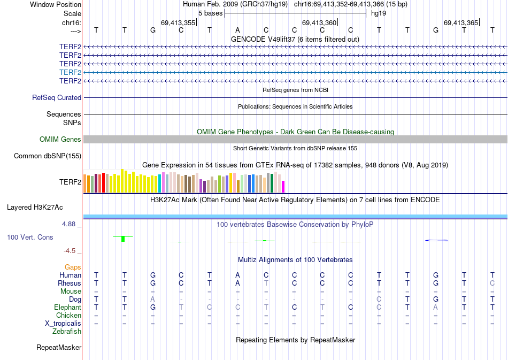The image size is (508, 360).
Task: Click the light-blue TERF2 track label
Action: pos(70,72)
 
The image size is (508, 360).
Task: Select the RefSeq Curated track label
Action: pos(57,98)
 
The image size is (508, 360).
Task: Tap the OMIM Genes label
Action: pos(60,140)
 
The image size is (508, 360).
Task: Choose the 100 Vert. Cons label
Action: pos(30,237)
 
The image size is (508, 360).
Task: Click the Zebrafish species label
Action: pos(67,332)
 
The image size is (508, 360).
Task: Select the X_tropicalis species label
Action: pos(63,324)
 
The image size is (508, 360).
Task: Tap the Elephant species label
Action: pos(67,308)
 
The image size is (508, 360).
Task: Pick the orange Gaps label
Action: pos(73,267)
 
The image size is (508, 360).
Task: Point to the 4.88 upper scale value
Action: pos(72,224)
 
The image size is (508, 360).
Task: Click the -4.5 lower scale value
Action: pos(72,250)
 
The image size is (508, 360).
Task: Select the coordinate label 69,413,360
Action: pos(319,23)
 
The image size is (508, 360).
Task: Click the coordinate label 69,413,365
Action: pos(461,23)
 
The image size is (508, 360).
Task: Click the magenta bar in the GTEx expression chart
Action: pos(283,186)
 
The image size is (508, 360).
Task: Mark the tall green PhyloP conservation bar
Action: pos(123,239)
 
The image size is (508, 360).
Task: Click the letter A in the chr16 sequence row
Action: pos(238,30)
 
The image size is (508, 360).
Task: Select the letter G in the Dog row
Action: pos(436,300)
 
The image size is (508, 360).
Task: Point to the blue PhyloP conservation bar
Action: pos(436,241)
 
